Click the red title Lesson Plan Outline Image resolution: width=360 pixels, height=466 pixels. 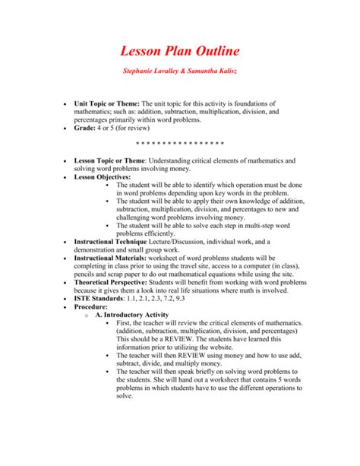coord(180,51)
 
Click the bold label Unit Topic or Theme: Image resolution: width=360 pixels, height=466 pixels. coord(103,103)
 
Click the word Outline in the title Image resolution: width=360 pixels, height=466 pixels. coord(213,51)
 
